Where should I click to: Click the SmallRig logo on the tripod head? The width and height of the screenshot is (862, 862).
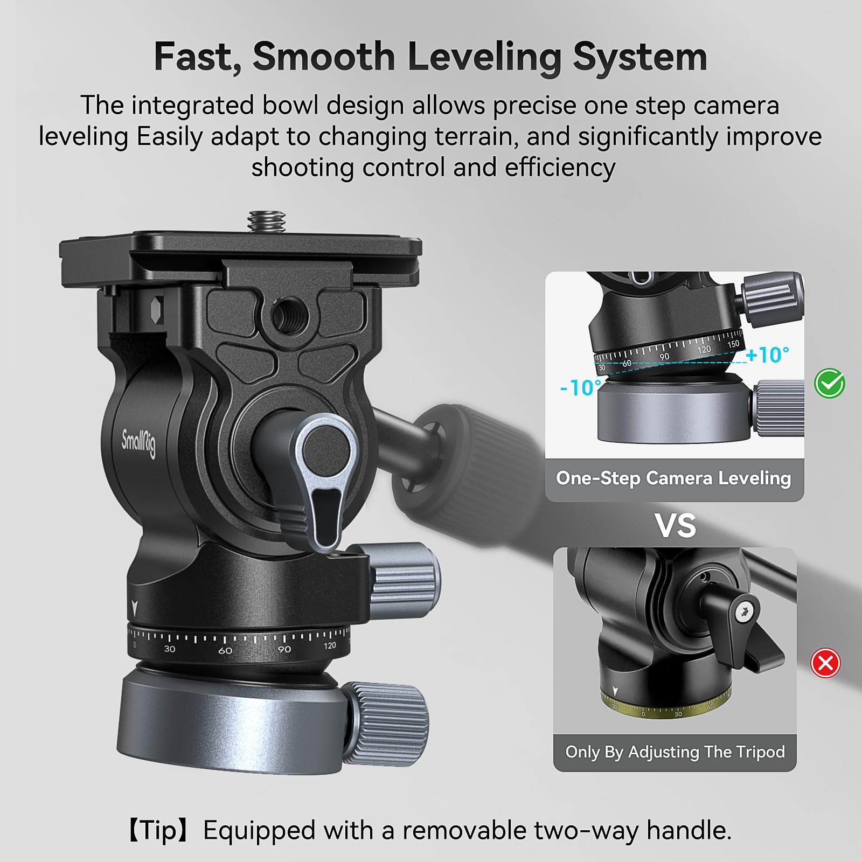[138, 443]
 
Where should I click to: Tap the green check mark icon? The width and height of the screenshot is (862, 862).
[830, 384]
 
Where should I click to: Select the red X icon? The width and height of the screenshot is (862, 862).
[825, 663]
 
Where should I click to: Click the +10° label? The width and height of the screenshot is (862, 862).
[768, 355]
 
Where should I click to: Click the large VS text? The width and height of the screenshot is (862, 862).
[675, 526]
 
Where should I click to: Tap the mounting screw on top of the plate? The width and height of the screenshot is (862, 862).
[266, 221]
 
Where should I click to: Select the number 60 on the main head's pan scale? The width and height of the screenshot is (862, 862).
[225, 651]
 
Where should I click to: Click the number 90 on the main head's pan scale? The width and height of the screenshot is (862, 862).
[284, 649]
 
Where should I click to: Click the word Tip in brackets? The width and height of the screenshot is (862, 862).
[159, 830]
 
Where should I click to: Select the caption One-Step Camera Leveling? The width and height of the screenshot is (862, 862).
[673, 478]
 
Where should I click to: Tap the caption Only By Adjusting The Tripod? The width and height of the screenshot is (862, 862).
[675, 752]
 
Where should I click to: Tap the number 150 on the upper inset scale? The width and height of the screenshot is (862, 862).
[733, 344]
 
